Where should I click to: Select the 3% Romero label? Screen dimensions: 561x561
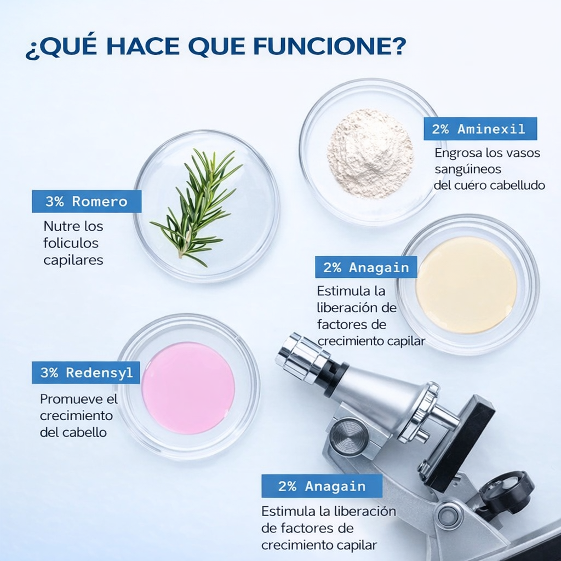pyautogui.click(x=87, y=201)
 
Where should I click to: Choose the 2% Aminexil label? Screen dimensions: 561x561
pyautogui.click(x=480, y=129)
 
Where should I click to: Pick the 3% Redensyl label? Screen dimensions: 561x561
pyautogui.click(x=87, y=373)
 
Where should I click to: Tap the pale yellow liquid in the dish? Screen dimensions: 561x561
pyautogui.click(x=466, y=285)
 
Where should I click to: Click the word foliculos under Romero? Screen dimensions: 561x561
pyautogui.click(x=71, y=243)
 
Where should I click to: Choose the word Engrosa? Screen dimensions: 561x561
pyautogui.click(x=459, y=152)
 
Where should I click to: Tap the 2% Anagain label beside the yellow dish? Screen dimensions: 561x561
pyautogui.click(x=366, y=267)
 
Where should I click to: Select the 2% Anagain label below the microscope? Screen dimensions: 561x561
pyautogui.click(x=322, y=486)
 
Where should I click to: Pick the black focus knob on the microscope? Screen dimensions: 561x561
pyautogui.click(x=507, y=486)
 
